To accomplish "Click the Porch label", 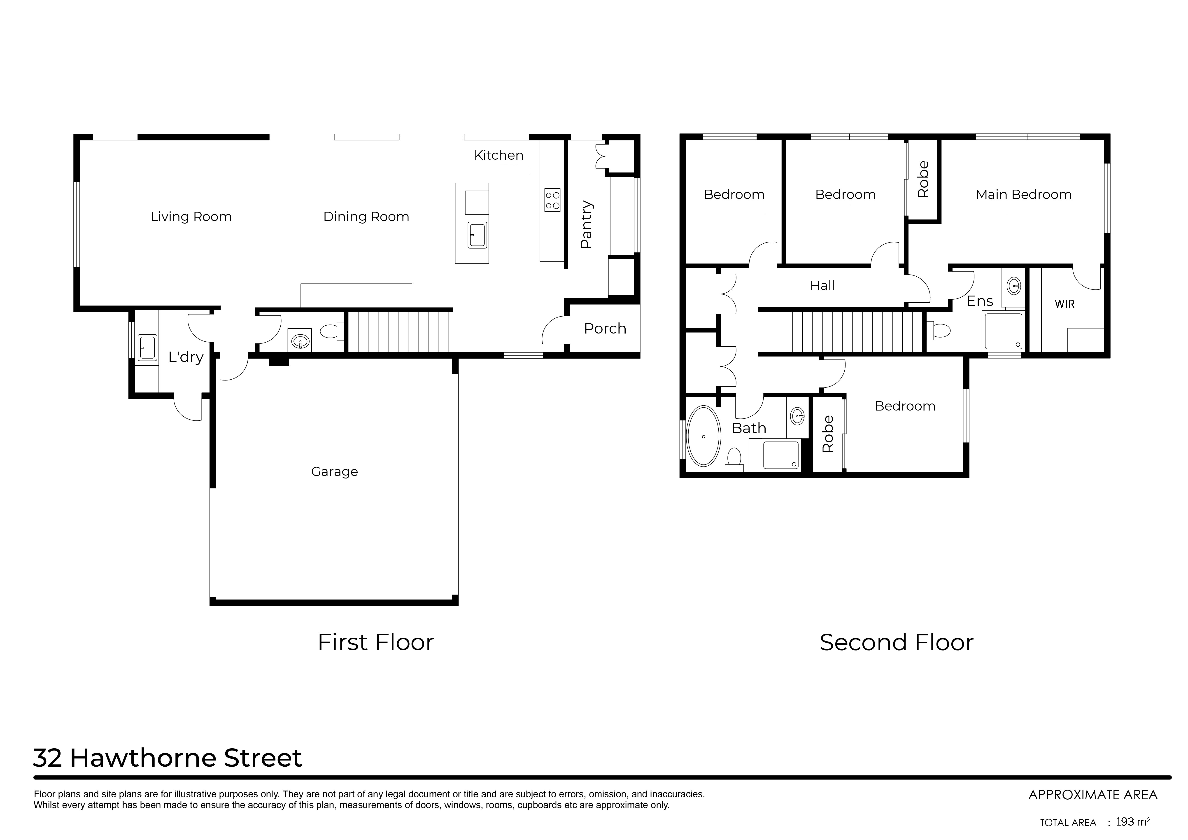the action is click(605, 329).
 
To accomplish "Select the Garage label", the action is click(334, 471).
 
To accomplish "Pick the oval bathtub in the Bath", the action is click(703, 436).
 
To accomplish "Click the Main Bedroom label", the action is click(1023, 195).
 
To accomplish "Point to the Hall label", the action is click(822, 285).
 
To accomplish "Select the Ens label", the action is click(979, 301).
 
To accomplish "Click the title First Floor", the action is click(376, 642).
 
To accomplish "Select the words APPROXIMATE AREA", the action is click(1093, 794).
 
